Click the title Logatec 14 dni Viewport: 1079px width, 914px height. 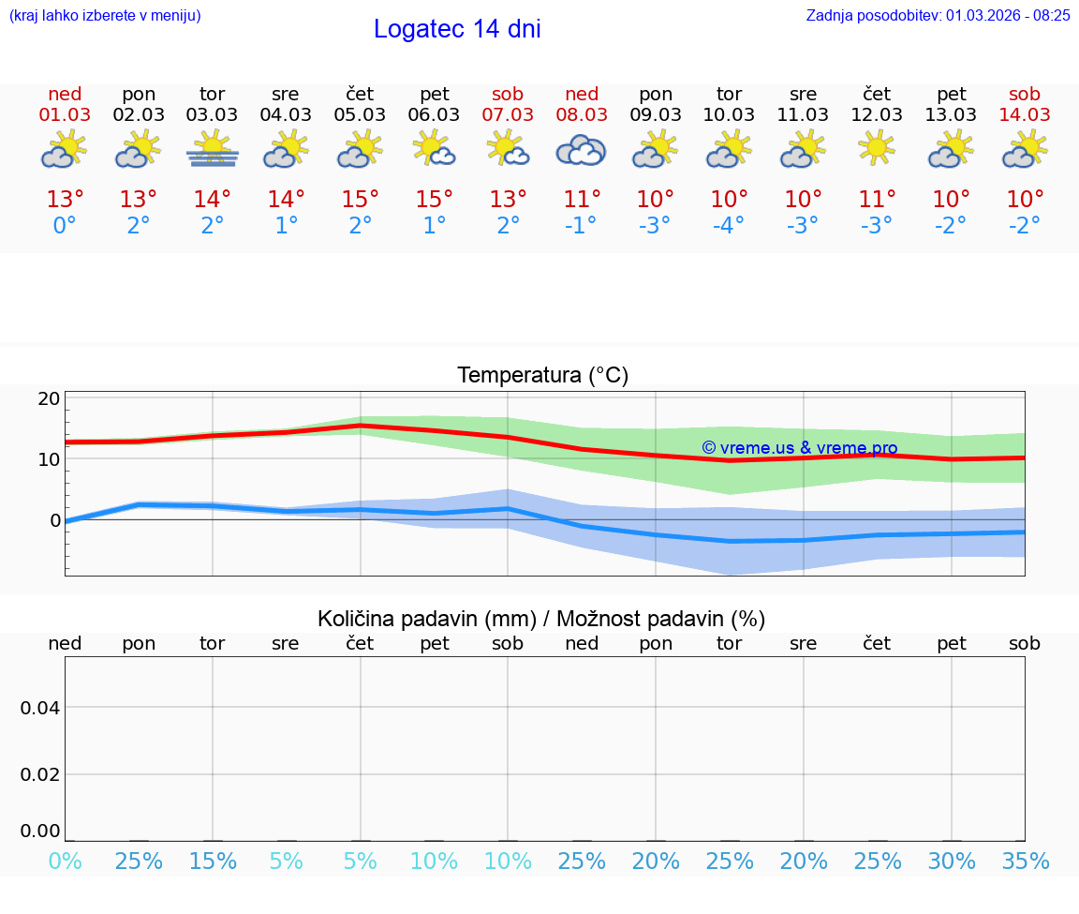click(x=457, y=29)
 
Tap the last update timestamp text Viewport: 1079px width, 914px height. click(x=938, y=15)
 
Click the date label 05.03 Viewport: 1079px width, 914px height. click(x=360, y=114)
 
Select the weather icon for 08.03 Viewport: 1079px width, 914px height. click(x=581, y=150)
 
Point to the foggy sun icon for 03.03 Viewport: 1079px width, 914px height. click(x=213, y=150)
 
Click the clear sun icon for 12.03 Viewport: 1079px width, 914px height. click(x=877, y=148)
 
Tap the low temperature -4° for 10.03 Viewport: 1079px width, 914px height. click(x=729, y=226)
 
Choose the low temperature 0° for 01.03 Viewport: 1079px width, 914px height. click(x=65, y=226)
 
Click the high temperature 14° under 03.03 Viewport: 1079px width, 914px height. click(x=213, y=200)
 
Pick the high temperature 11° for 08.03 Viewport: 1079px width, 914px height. click(x=581, y=200)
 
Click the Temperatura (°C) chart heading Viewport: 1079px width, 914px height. click(x=542, y=376)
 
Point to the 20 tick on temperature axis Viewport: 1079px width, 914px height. click(x=49, y=398)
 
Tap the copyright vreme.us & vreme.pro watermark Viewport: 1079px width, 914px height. click(x=799, y=448)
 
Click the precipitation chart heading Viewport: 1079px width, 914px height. click(x=541, y=619)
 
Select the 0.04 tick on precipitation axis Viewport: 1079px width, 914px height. click(x=40, y=708)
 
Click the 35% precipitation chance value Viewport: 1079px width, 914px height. click(x=1025, y=862)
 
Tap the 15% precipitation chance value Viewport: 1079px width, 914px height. click(x=213, y=862)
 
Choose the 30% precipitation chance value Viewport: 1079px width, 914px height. click(x=952, y=862)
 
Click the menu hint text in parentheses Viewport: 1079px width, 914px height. click(x=105, y=15)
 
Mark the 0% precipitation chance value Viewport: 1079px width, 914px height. click(x=65, y=862)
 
